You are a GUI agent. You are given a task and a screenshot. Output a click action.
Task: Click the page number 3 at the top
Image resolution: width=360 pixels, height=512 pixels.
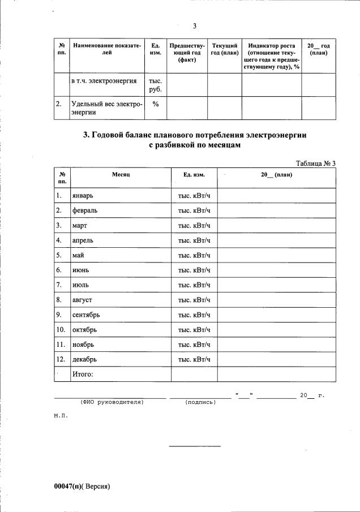click(x=194, y=26)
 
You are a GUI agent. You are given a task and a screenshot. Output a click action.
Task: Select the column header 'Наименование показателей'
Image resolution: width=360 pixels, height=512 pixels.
click(x=106, y=49)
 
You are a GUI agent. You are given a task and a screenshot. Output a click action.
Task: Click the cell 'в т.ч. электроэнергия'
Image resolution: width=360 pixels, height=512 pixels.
click(x=104, y=81)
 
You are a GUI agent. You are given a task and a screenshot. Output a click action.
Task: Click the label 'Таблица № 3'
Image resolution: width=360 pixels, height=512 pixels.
click(x=316, y=164)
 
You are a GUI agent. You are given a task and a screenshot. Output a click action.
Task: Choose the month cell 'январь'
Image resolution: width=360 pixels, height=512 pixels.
click(x=83, y=196)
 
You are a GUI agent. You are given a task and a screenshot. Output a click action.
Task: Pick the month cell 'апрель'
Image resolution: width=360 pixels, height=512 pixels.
click(x=83, y=240)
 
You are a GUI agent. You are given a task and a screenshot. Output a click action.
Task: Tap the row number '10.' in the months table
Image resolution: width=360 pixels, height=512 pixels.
click(x=61, y=329)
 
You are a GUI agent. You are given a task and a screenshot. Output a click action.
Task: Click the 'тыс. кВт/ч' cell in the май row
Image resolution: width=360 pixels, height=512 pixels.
click(x=194, y=256)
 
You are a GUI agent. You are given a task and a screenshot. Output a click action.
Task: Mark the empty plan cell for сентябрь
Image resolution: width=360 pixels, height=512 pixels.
click(x=276, y=315)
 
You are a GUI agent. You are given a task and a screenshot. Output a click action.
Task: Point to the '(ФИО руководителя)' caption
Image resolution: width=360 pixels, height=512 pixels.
click(x=112, y=402)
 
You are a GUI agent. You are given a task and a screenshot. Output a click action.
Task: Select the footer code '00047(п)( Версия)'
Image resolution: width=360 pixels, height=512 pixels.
click(x=81, y=486)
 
